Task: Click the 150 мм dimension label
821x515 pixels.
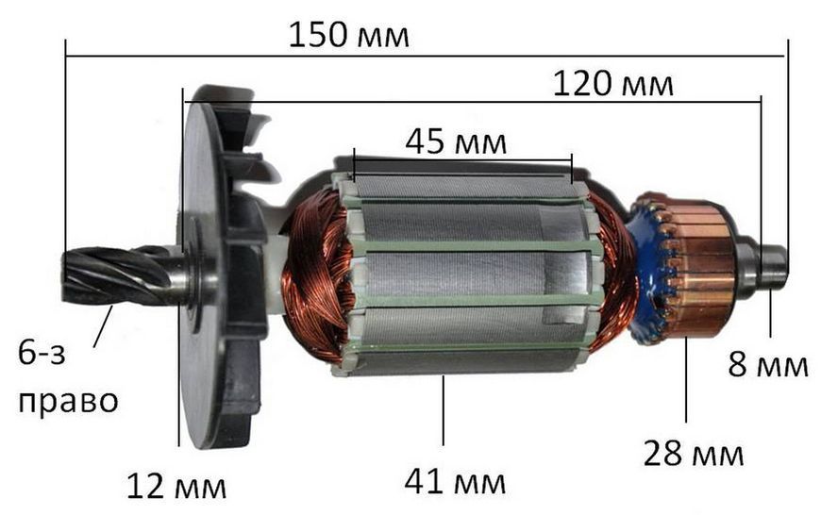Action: tap(349, 36)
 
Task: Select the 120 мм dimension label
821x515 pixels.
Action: tap(613, 84)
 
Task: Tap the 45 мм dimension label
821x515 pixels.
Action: tap(456, 141)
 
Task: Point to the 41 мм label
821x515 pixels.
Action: tap(455, 481)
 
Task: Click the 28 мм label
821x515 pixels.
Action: tap(694, 454)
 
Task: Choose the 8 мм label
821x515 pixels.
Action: tap(768, 364)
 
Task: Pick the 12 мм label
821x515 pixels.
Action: tap(176, 487)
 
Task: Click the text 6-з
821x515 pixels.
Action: tap(42, 353)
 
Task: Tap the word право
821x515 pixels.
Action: tap(68, 402)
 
